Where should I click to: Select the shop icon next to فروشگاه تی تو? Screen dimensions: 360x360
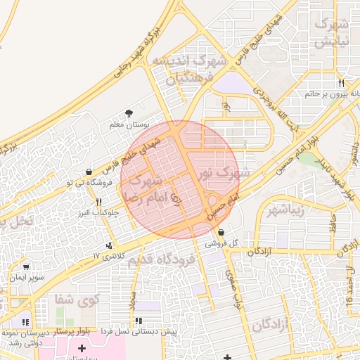click(x=89, y=172)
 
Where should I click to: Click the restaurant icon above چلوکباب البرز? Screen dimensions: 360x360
click(x=98, y=202)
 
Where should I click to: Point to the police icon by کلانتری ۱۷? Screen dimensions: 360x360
click(x=108, y=245)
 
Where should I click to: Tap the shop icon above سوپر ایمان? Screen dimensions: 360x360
click(x=26, y=267)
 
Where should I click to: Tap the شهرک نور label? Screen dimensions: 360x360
click(x=224, y=171)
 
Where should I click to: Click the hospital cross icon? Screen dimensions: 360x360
click(x=82, y=348)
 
